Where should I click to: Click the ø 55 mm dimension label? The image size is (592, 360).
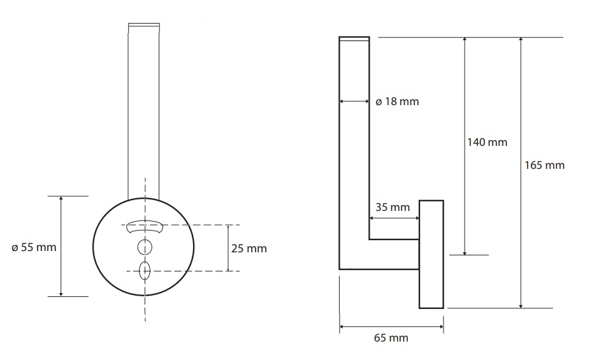pyautogui.click(x=34, y=248)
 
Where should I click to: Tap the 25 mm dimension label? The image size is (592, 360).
pyautogui.click(x=249, y=248)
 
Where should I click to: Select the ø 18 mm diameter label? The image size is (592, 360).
pyautogui.click(x=397, y=101)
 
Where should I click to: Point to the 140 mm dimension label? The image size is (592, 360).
pyautogui.click(x=487, y=142)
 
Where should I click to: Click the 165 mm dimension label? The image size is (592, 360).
pyautogui.click(x=544, y=165)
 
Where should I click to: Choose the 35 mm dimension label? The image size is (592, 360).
pyautogui.click(x=393, y=207)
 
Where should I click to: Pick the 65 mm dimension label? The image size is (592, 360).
pyautogui.click(x=391, y=338)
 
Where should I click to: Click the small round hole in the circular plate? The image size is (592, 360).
pyautogui.click(x=145, y=248)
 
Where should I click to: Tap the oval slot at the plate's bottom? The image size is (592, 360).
pyautogui.click(x=145, y=271)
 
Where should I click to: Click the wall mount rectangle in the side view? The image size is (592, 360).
pyautogui.click(x=431, y=254)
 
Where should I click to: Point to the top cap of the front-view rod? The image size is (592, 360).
pyautogui.click(x=144, y=25)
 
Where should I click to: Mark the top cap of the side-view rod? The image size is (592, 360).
pyautogui.click(x=354, y=38)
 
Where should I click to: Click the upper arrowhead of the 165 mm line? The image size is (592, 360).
pyautogui.click(x=521, y=40)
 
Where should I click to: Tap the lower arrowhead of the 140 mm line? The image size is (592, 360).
pyautogui.click(x=465, y=252)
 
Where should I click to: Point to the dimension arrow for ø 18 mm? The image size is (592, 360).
pyautogui.click(x=354, y=101)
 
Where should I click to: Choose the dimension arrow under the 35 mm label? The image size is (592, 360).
pyautogui.click(x=394, y=218)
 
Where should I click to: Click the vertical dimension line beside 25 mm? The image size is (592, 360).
pyautogui.click(x=228, y=248)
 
